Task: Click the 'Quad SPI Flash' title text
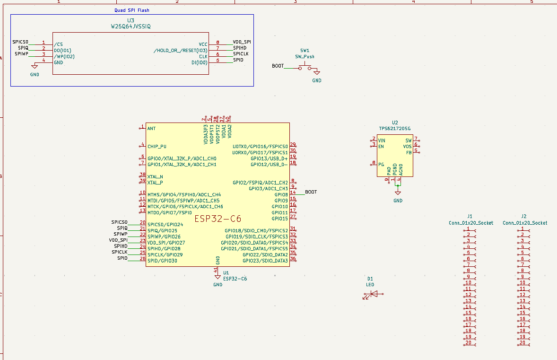[132, 10]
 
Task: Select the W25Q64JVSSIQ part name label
[131, 26]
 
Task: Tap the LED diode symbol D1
[374, 294]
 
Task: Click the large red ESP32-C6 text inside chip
[218, 219]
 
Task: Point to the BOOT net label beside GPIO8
[311, 192]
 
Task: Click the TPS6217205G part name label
[395, 129]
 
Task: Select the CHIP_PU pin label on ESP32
[157, 147]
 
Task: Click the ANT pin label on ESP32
[151, 128]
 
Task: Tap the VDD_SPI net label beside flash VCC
[242, 42]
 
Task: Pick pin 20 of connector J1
[469, 343]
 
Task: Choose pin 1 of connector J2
[522, 229]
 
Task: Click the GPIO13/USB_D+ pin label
[269, 158]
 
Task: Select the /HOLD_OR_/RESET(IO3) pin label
[180, 50]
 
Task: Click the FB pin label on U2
[409, 153]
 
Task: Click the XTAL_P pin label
[155, 182]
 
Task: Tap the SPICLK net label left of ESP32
[120, 252]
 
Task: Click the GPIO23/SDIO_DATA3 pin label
[265, 261]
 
